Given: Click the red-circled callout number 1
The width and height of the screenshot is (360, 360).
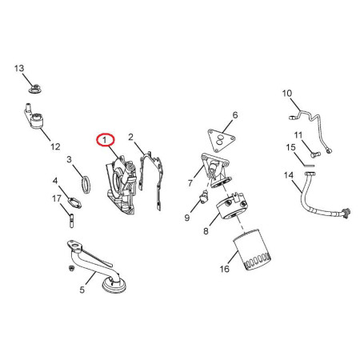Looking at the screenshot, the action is point(105,140).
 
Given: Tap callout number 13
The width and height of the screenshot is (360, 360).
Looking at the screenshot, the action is point(19,69).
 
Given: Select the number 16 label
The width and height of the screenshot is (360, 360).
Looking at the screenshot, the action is point(225,269).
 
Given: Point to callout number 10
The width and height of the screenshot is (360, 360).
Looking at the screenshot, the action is point(287,94).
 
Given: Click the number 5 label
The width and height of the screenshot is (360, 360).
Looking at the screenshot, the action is point(82,290).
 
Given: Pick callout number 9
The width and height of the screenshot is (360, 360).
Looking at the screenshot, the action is point(187,218).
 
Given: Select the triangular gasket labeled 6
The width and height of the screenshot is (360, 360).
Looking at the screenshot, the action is point(222,141).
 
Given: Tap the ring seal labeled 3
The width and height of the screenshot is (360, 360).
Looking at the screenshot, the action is point(86,185).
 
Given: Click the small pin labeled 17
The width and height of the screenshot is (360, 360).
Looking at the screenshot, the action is point(71,221).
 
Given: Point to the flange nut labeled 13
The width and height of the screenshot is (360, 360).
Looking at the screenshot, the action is point(34,89).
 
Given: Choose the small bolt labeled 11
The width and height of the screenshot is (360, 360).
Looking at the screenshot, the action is point(315,154).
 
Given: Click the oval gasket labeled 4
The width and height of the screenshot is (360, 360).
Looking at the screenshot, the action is point(74,202).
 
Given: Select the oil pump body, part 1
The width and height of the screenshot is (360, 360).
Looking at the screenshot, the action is point(122,185).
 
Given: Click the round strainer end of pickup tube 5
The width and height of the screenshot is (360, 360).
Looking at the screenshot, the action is point(114,285).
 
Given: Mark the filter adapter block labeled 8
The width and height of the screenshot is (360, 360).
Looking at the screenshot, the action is point(232,206).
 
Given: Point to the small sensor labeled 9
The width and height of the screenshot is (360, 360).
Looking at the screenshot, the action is point(205,197).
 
